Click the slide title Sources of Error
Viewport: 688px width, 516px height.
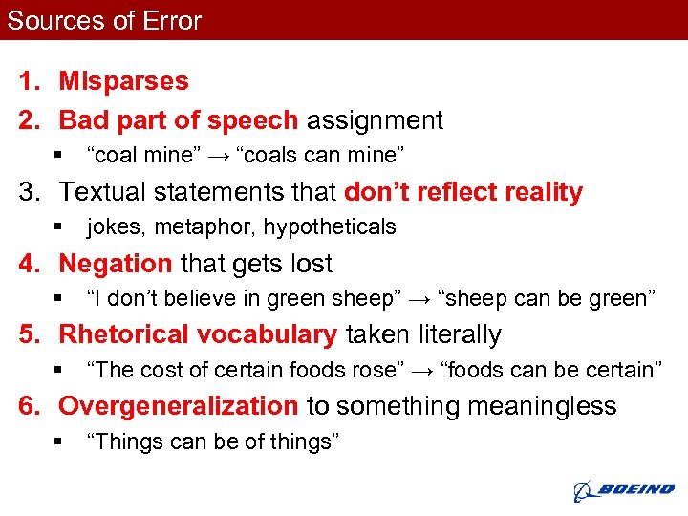click(x=104, y=21)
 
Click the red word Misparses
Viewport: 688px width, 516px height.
click(x=124, y=82)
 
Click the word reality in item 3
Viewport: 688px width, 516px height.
click(x=537, y=192)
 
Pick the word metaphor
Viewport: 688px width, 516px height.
click(x=214, y=227)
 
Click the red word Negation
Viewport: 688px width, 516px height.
click(x=116, y=264)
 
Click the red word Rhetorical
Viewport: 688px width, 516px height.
click(x=124, y=334)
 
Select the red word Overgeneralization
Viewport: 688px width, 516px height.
click(x=179, y=406)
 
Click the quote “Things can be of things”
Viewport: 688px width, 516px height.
click(x=212, y=441)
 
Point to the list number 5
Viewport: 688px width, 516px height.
click(x=27, y=334)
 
